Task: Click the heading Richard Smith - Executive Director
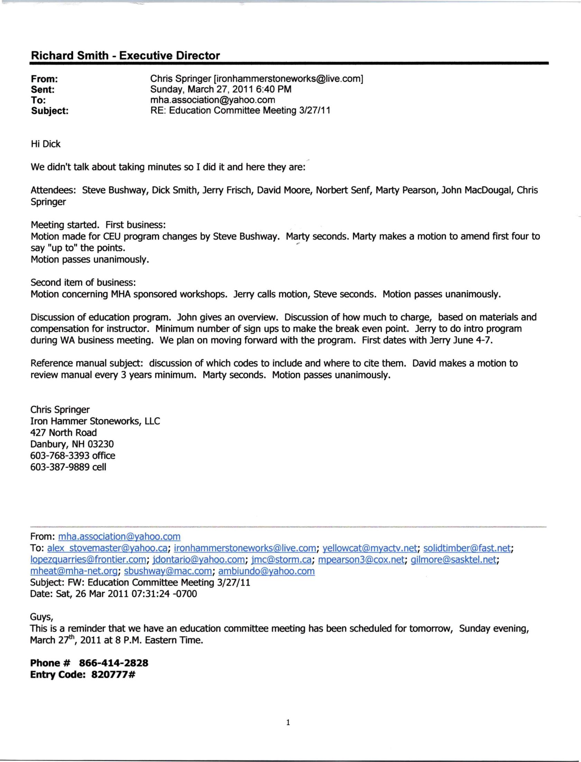(125, 56)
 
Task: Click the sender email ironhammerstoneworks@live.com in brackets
(288, 79)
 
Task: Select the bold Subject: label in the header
(50, 111)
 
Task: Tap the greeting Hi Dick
(46, 144)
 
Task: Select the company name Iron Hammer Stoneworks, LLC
(95, 421)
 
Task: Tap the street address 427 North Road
(64, 433)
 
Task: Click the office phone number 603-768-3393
(61, 455)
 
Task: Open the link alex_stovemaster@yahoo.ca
(107, 548)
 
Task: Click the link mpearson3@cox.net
(361, 559)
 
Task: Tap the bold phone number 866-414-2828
(113, 663)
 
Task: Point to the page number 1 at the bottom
(288, 722)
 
